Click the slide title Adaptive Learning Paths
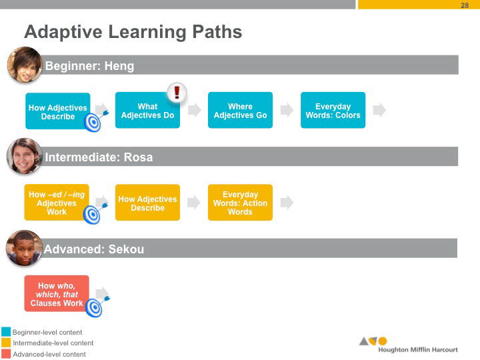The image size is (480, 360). [133, 31]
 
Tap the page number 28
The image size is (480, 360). [465, 5]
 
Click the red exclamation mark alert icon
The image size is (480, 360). [177, 92]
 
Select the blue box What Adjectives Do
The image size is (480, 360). [147, 111]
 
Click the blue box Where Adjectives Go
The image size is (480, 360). [240, 111]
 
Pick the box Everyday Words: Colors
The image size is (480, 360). [333, 111]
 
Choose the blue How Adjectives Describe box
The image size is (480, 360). [57, 111]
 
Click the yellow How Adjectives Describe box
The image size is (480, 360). [147, 203]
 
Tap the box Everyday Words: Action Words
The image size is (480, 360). [240, 203]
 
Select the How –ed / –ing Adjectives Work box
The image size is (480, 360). [57, 203]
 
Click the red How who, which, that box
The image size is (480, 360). [57, 294]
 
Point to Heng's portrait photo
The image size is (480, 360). [25, 65]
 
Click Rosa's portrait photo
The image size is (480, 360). [25, 157]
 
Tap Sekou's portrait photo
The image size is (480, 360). [25, 248]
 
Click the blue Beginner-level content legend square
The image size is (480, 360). [6, 332]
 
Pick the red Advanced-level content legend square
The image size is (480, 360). [6, 354]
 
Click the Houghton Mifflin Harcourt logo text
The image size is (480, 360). [417, 349]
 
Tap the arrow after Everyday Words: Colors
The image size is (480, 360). [379, 110]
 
